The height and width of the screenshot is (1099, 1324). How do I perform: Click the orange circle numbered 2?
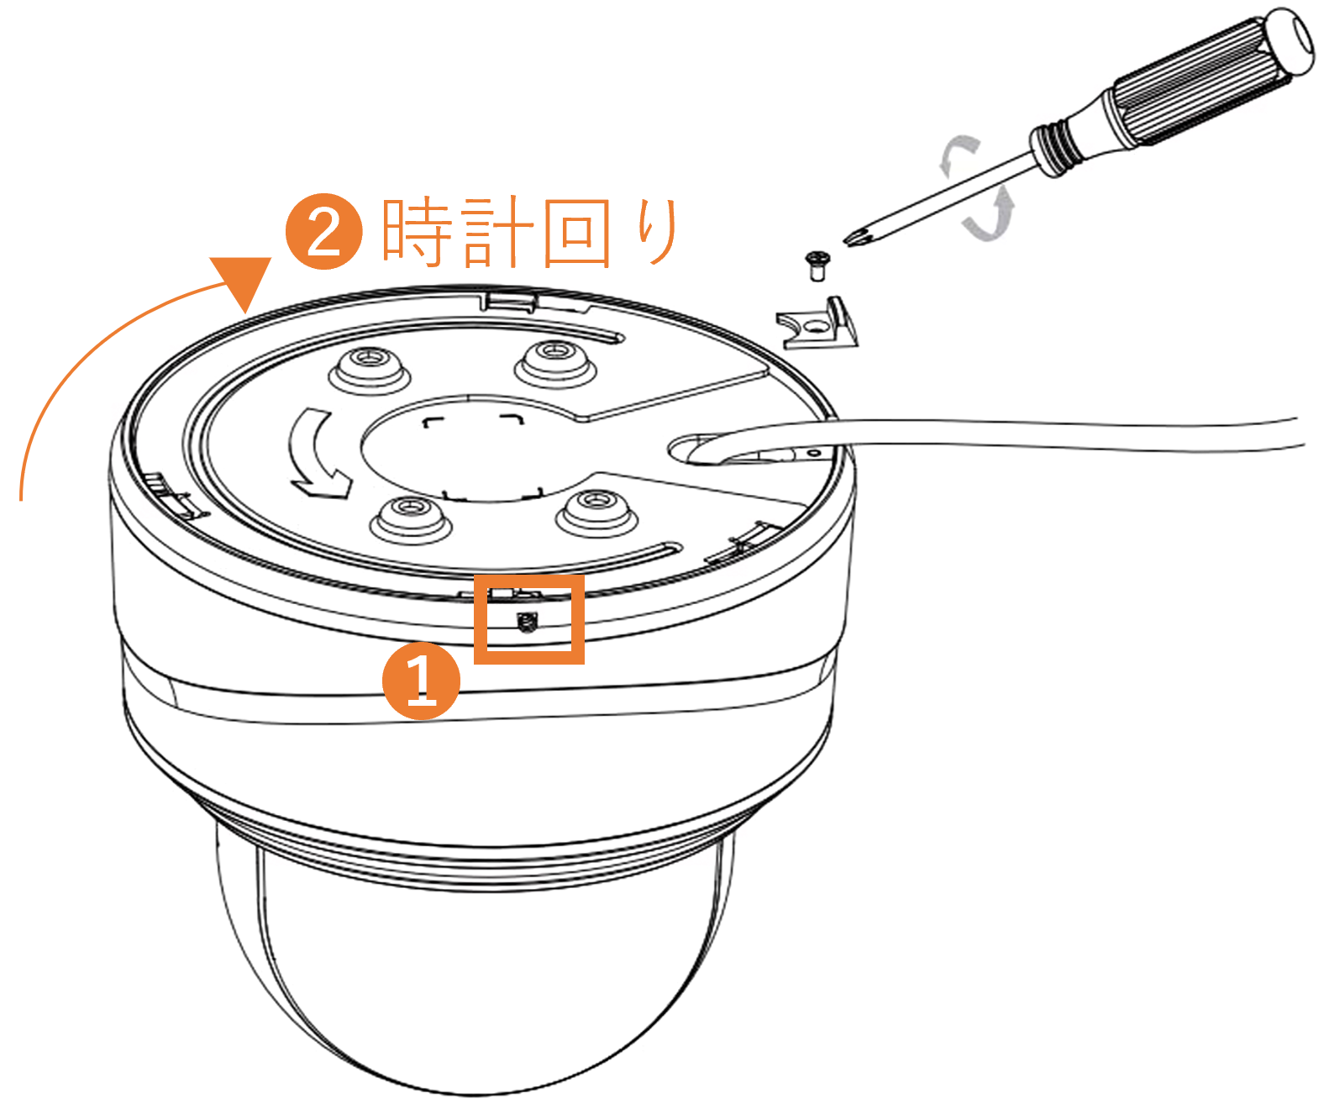(324, 231)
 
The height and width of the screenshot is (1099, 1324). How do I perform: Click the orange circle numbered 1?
(421, 681)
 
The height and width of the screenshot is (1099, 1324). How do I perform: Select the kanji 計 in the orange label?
(498, 232)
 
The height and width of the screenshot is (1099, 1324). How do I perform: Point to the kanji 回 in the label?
(577, 234)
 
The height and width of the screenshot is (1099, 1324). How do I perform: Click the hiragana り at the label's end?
(658, 232)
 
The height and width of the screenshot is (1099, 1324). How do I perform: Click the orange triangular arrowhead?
(241, 284)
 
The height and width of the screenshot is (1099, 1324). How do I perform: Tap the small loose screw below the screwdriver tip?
(817, 266)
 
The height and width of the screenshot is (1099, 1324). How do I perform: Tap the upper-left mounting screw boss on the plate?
(369, 369)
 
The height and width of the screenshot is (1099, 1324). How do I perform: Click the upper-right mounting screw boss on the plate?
(555, 362)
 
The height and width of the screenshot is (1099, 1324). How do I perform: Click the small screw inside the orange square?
(526, 622)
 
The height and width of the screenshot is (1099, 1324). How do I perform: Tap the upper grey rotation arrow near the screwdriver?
(958, 154)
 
